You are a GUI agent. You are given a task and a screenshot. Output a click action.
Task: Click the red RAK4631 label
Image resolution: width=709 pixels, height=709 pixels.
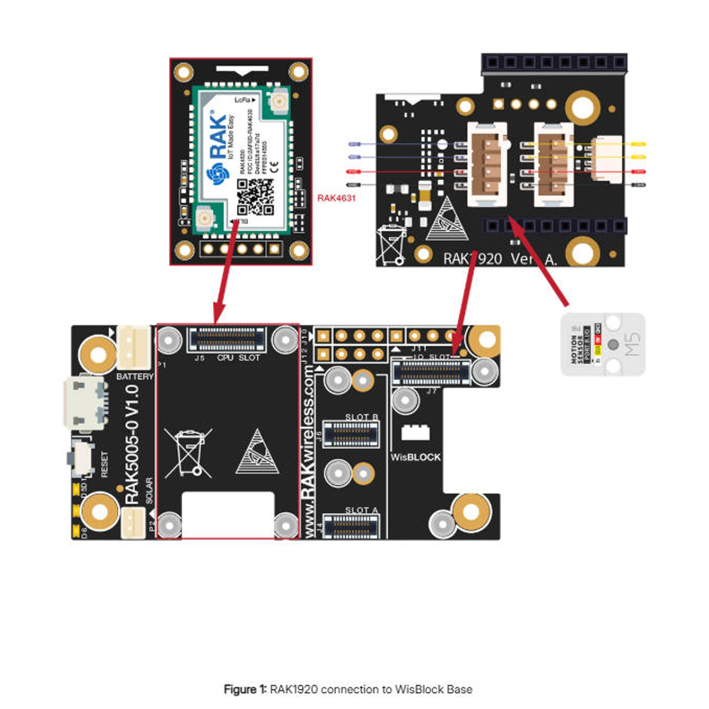336,198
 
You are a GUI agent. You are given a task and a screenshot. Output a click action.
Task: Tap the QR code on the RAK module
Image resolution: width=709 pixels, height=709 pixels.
255,197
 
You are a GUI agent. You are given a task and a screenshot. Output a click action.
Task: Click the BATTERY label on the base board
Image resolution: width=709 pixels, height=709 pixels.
134,376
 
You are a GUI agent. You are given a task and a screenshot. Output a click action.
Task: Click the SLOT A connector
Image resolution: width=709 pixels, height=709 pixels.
351,526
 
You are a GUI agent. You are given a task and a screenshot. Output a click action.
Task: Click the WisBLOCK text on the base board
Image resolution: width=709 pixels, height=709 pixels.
415,457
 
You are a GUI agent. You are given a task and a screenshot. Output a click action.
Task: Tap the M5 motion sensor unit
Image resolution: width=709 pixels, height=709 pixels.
603,344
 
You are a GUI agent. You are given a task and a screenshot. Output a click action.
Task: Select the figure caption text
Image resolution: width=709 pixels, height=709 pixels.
348,690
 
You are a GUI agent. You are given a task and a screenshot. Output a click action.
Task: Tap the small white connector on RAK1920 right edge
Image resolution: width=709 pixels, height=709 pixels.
606,158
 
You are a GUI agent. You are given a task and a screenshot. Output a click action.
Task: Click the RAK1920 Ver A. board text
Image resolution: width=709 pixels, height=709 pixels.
500,259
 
